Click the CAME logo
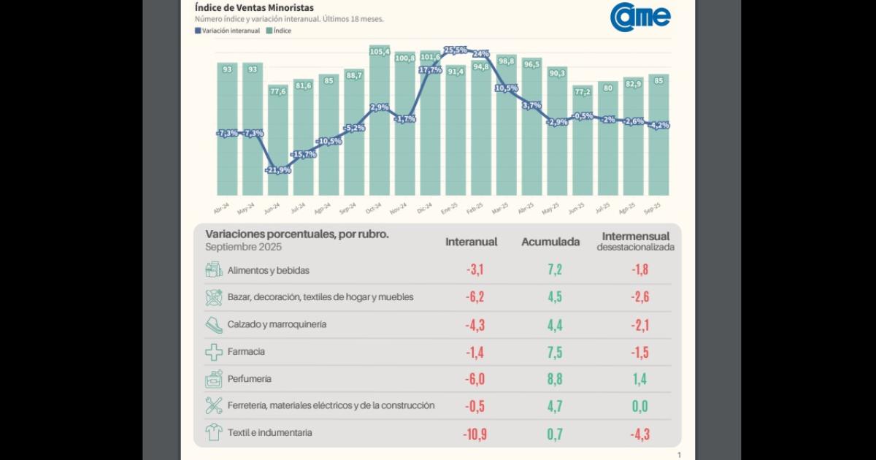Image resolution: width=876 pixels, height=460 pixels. point(640,15)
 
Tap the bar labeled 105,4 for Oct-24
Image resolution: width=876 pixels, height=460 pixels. point(379,52)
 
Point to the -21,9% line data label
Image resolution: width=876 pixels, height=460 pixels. point(278,169)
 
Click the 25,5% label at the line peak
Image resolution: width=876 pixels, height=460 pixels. point(455,50)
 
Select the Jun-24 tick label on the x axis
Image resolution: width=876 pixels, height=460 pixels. point(272,209)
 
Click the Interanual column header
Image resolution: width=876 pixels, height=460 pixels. point(472,242)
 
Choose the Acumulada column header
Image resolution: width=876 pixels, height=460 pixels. point(550,242)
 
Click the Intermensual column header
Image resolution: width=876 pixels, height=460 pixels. point(635,237)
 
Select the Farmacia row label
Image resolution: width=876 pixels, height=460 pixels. point(246,351)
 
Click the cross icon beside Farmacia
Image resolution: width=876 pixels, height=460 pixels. point(213,352)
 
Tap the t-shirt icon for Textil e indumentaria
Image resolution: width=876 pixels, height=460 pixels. point(213,432)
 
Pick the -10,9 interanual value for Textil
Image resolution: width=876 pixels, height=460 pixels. point(475,433)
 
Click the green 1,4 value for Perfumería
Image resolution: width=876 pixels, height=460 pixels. point(639,379)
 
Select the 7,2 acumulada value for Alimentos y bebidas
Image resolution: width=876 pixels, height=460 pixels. point(554,270)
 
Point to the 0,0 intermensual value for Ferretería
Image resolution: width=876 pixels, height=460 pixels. point(639,406)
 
